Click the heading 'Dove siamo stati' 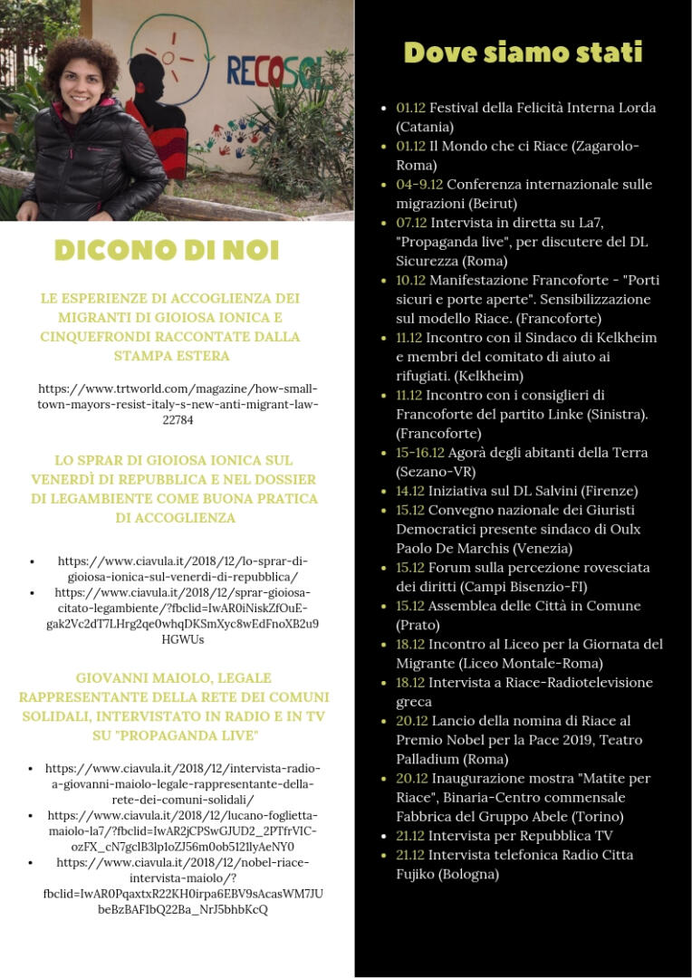523,53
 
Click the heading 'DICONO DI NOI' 167,250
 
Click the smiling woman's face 81,81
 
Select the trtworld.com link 178,404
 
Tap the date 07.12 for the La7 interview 411,223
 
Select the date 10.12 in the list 411,280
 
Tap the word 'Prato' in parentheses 418,625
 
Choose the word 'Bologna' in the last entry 464,875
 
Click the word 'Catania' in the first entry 425,127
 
